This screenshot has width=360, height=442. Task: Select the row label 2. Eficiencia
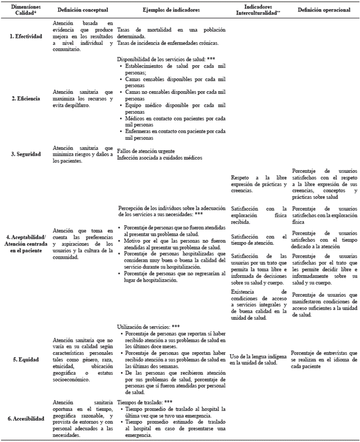click(x=25, y=98)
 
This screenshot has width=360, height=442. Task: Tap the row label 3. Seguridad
click(x=25, y=154)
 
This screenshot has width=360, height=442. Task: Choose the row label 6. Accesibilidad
click(x=25, y=419)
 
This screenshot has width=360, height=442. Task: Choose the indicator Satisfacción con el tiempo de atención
click(x=258, y=239)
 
